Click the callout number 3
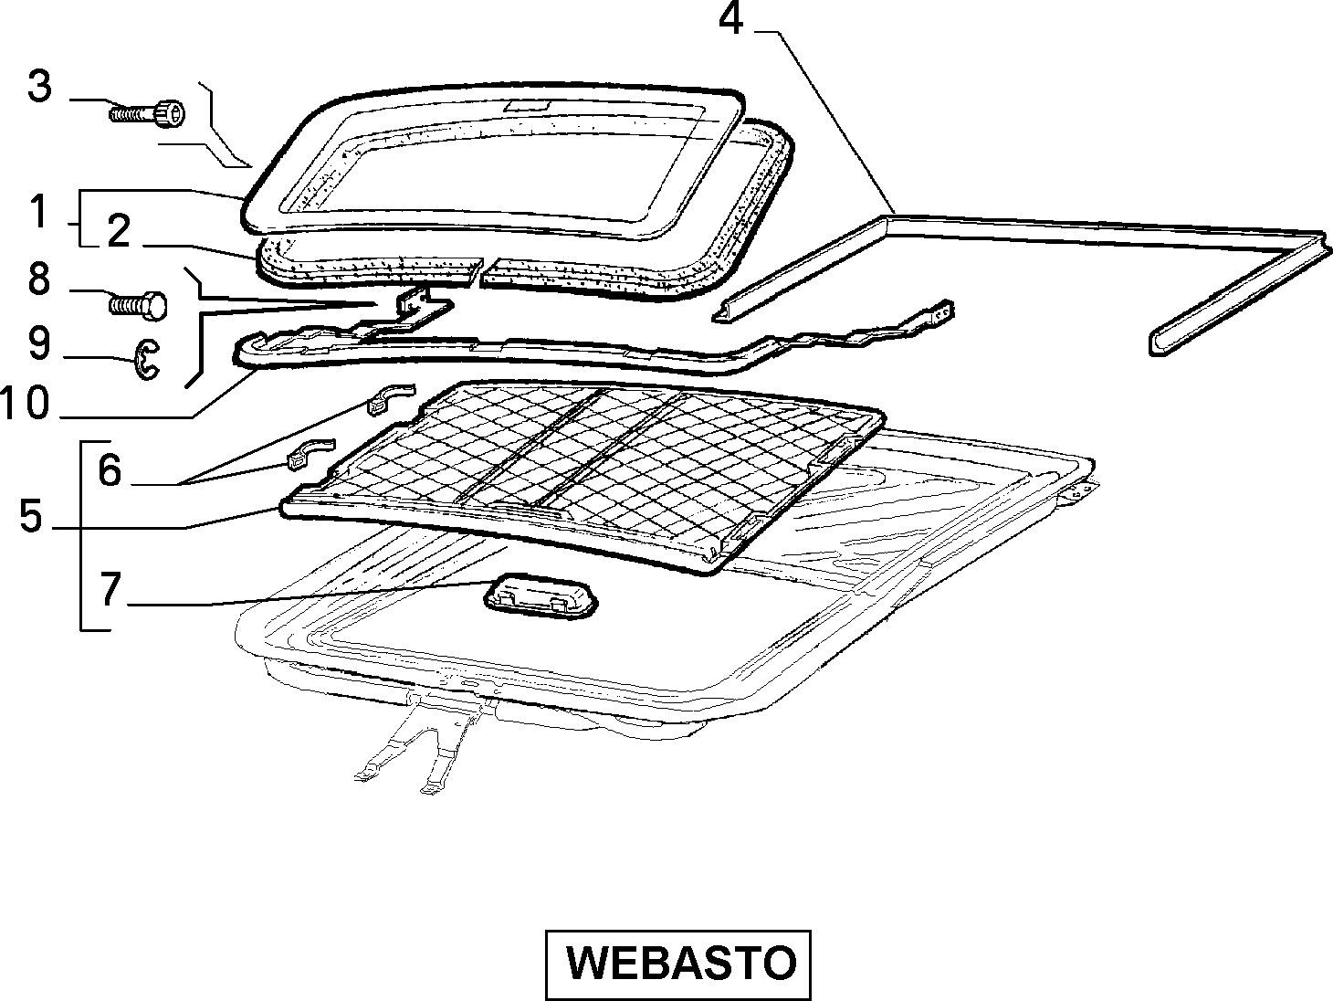(x=40, y=87)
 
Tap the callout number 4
(x=730, y=19)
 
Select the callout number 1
(x=39, y=212)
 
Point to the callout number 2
(x=119, y=231)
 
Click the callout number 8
(x=39, y=279)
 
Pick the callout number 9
(x=39, y=343)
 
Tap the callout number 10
(x=25, y=404)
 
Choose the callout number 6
(x=110, y=470)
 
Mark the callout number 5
(x=31, y=516)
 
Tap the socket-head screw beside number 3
(x=148, y=113)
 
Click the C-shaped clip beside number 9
(x=146, y=360)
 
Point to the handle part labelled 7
(x=541, y=599)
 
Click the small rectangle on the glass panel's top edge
(x=527, y=106)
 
